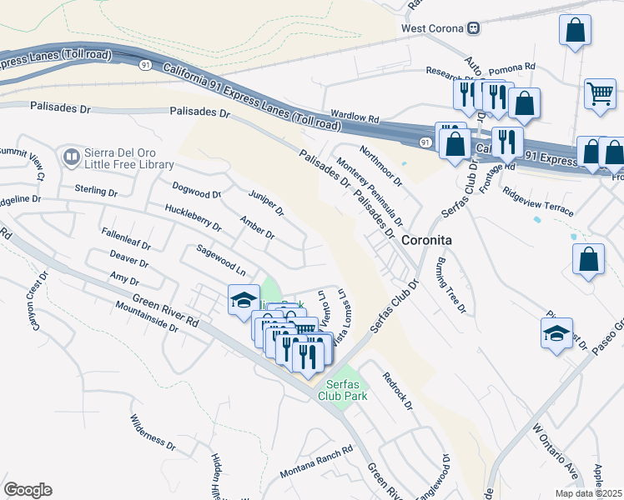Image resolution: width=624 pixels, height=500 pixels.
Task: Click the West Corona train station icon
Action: [473, 28]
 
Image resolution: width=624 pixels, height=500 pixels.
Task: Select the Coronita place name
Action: [427, 239]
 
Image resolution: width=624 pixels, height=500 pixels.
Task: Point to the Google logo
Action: [27, 490]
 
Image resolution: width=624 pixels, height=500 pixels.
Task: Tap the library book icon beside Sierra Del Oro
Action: [71, 157]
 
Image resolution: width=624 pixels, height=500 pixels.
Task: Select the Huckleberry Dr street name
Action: [193, 218]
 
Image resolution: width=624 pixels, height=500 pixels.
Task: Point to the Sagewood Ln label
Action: [221, 260]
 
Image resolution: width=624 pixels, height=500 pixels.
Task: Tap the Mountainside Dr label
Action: [147, 317]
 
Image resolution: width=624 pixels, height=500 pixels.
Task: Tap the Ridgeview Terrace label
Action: [537, 201]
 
